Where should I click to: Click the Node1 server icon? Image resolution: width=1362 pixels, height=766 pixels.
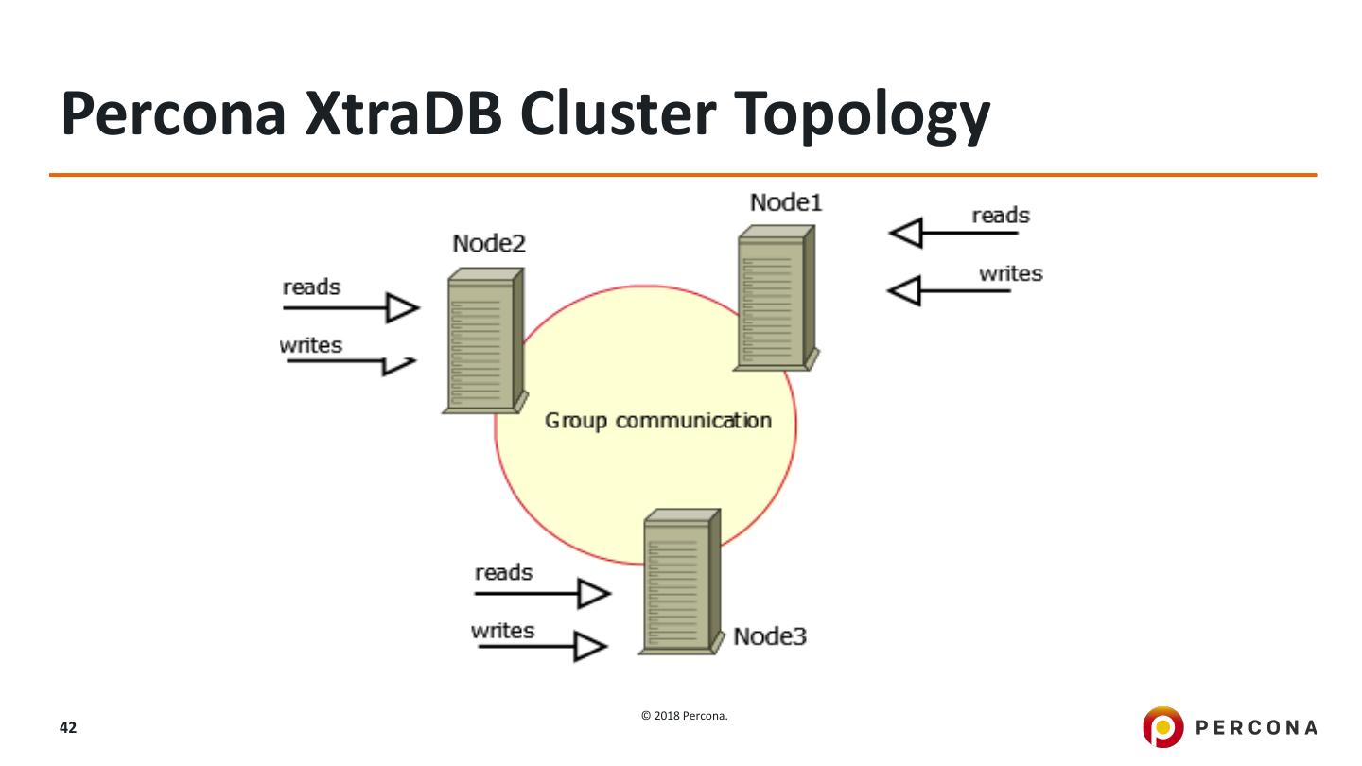(x=777, y=298)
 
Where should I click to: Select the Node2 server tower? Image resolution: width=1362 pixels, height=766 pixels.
(x=485, y=340)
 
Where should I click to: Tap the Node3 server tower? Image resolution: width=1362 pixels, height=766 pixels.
(x=682, y=582)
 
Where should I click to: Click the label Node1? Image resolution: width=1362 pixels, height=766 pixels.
(x=786, y=202)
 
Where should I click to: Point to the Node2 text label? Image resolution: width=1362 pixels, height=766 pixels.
(x=489, y=243)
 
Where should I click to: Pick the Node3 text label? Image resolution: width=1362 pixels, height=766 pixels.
(x=770, y=636)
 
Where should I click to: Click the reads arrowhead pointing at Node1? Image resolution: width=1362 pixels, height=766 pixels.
(x=906, y=233)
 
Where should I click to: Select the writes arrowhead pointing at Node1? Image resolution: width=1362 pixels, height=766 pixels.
(x=905, y=290)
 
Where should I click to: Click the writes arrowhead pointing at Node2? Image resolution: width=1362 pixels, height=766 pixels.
(x=399, y=366)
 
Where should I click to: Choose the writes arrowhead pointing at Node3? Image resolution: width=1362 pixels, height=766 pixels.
(x=590, y=646)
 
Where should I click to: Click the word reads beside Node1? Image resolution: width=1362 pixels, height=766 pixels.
(x=1001, y=216)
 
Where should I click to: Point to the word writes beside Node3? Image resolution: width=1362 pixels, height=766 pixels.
(x=503, y=631)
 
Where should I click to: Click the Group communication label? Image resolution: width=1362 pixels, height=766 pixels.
(x=658, y=421)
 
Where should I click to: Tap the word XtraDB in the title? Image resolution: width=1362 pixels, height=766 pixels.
(x=404, y=113)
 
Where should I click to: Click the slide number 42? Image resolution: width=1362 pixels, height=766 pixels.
(x=68, y=728)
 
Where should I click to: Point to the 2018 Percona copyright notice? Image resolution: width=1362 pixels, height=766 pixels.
(x=685, y=716)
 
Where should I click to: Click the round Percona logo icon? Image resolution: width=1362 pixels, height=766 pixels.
(x=1163, y=726)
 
